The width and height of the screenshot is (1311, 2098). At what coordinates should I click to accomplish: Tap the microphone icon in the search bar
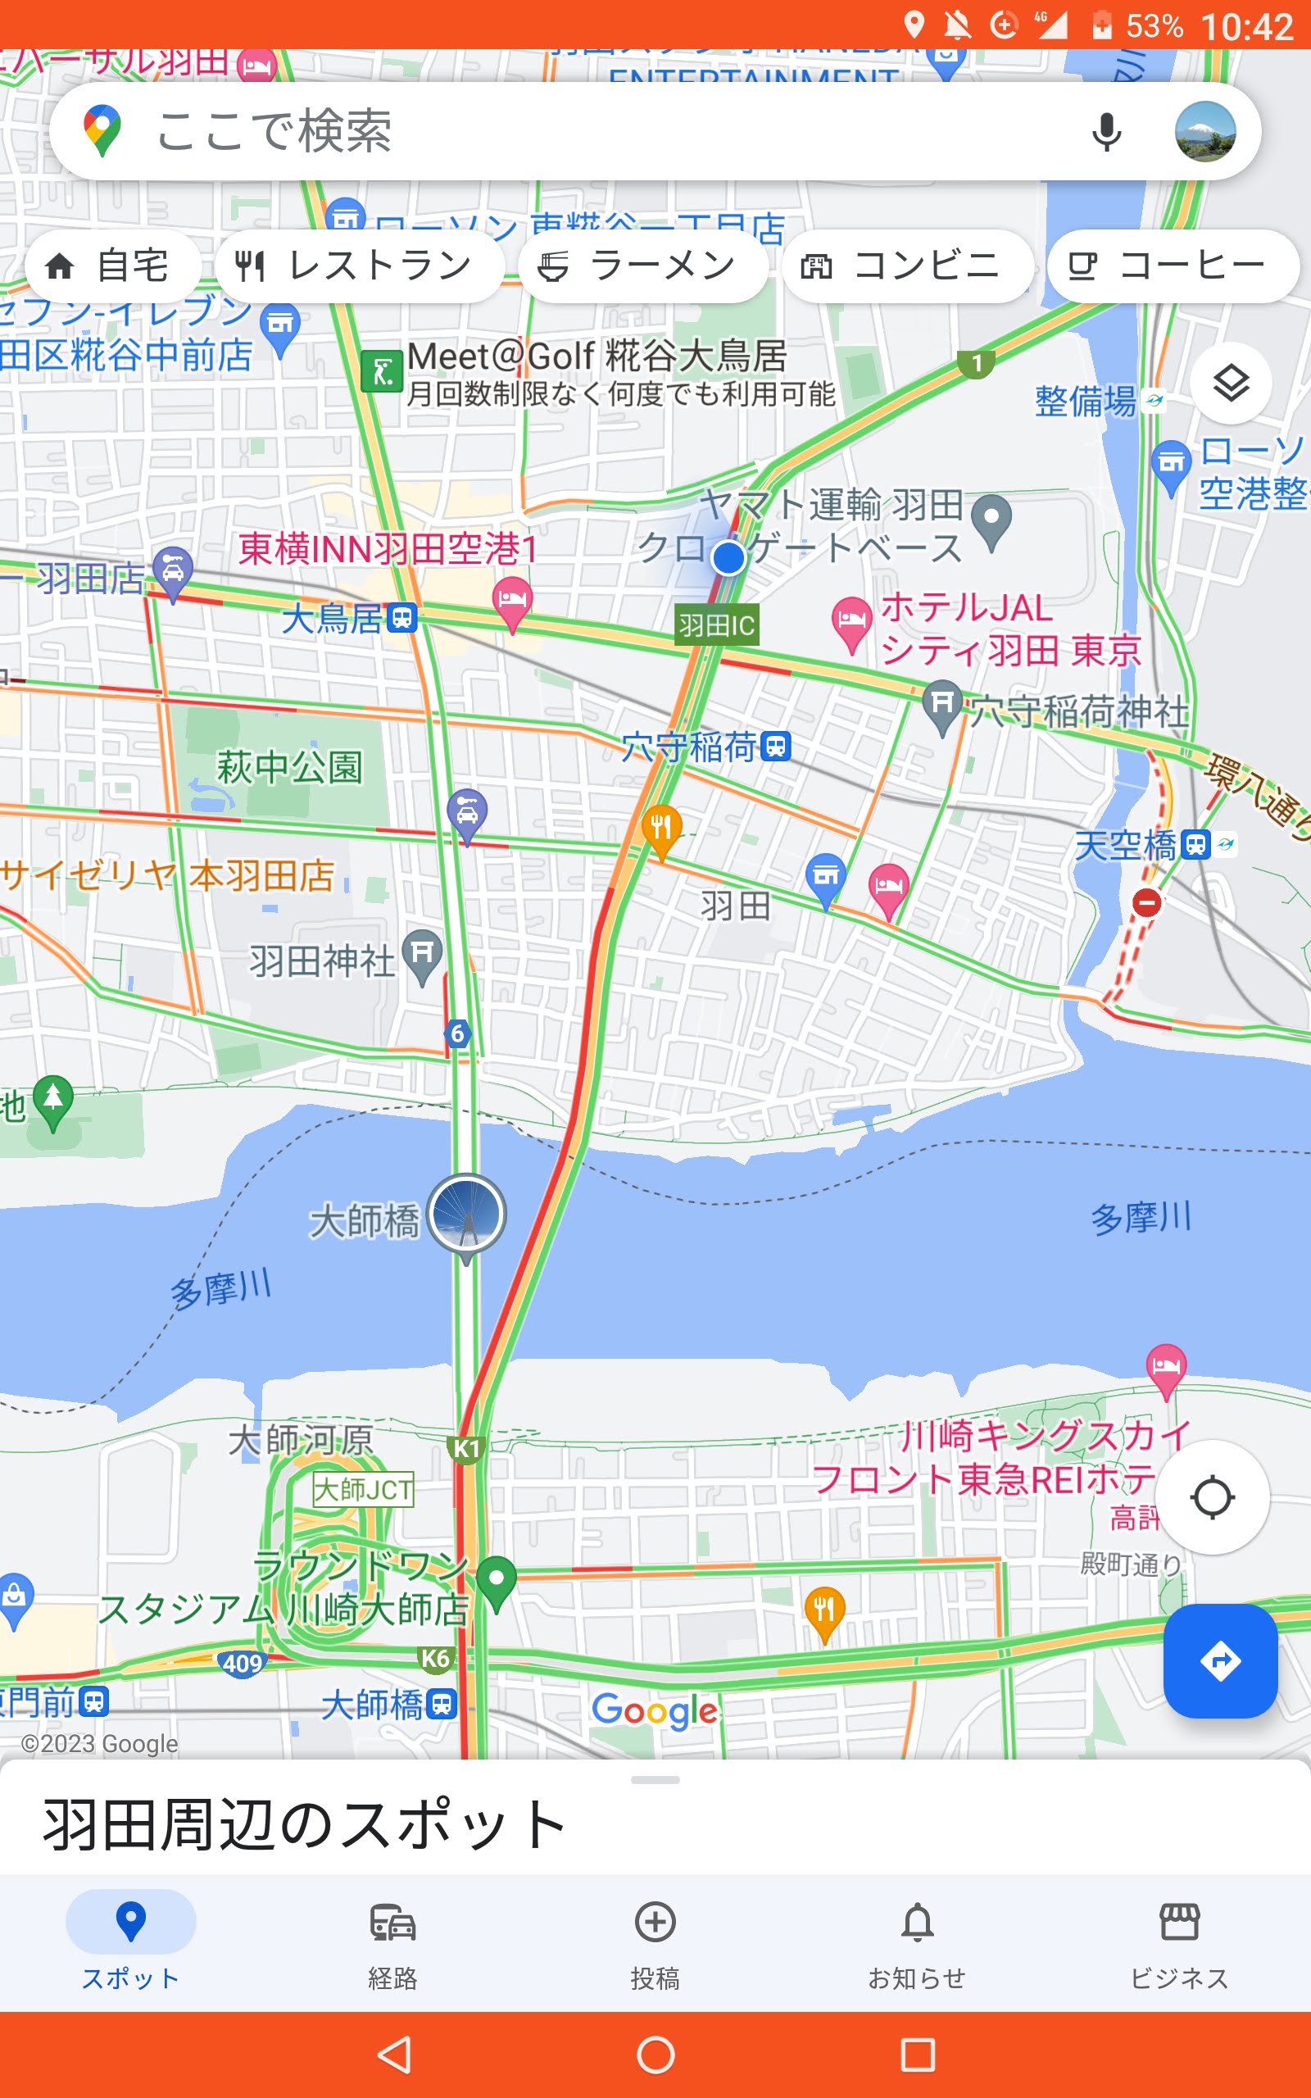coord(1106,132)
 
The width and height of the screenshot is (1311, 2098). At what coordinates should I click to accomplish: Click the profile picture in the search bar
coord(1204,132)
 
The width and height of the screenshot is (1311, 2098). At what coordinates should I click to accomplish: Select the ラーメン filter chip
coord(642,266)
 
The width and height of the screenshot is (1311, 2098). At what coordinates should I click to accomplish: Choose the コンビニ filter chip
coord(907,266)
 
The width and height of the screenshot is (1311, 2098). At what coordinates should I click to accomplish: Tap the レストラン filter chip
coord(359,266)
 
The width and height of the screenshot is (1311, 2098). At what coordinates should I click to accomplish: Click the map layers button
coord(1231,384)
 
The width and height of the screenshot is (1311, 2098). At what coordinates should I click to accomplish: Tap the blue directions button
coord(1220,1660)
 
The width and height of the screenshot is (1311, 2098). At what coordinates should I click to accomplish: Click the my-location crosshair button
coord(1211,1496)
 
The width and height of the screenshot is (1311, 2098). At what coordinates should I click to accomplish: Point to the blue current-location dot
coord(728,557)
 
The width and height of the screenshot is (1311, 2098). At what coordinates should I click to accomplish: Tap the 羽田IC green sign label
coord(716,625)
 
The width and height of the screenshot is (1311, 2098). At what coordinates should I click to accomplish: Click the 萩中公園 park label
coord(288,767)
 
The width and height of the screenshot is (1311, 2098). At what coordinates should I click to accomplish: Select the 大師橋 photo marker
coord(466,1214)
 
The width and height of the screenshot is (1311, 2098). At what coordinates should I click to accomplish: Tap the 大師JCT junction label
coord(363,1489)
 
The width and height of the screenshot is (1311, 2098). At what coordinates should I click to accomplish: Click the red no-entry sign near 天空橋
coord(1146,902)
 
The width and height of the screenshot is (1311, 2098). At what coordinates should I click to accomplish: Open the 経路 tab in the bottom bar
coord(392,1942)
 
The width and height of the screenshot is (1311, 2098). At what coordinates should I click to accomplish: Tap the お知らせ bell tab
coord(918,1942)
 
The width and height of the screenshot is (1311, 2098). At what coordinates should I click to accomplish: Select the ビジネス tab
coord(1179,1942)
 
